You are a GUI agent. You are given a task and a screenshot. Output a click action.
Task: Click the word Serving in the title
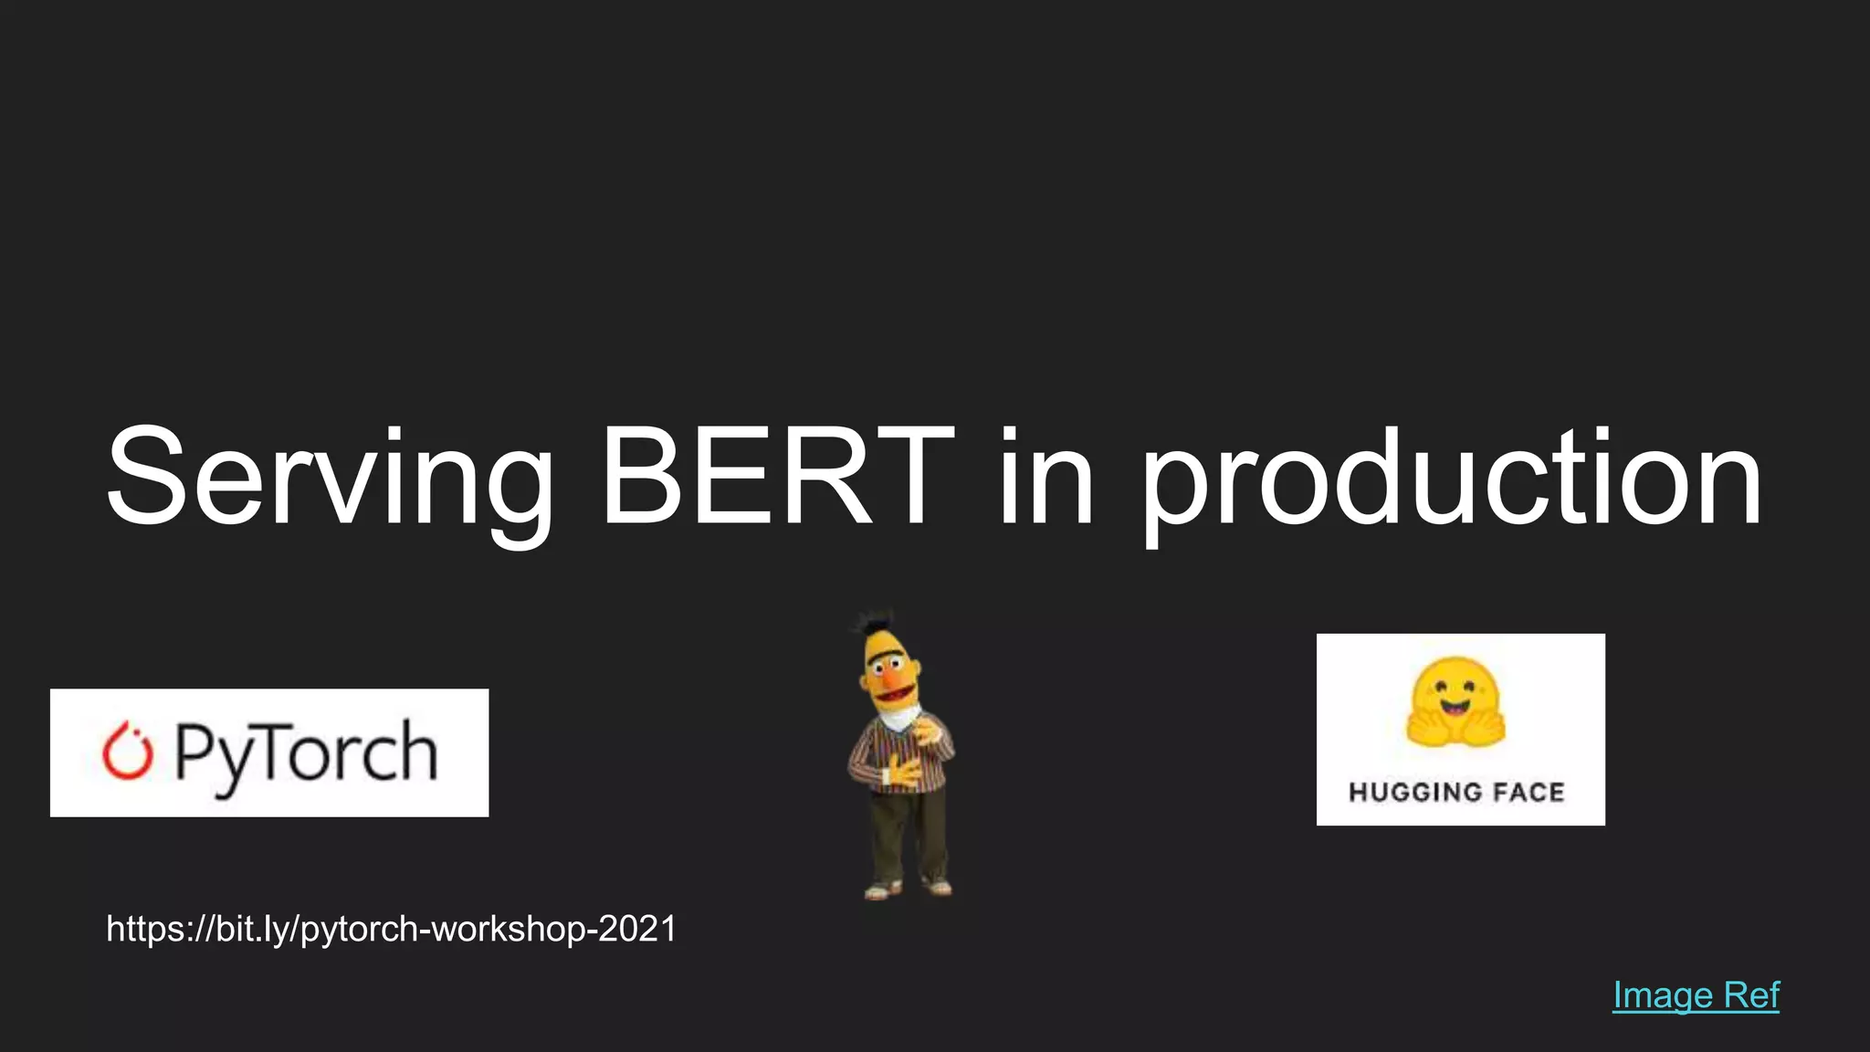click(329, 479)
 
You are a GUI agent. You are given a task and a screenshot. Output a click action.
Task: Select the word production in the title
click(1452, 479)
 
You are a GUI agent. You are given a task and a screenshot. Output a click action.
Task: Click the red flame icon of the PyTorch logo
click(127, 752)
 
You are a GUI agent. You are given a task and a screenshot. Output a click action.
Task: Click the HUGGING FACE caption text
click(1457, 792)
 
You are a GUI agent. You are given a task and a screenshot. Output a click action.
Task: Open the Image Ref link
click(1696, 995)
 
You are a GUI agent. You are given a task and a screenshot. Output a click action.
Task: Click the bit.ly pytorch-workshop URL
click(391, 929)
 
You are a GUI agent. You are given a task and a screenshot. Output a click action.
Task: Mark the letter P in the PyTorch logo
click(194, 752)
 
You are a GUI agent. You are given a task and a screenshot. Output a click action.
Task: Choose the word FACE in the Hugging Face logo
click(1529, 792)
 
